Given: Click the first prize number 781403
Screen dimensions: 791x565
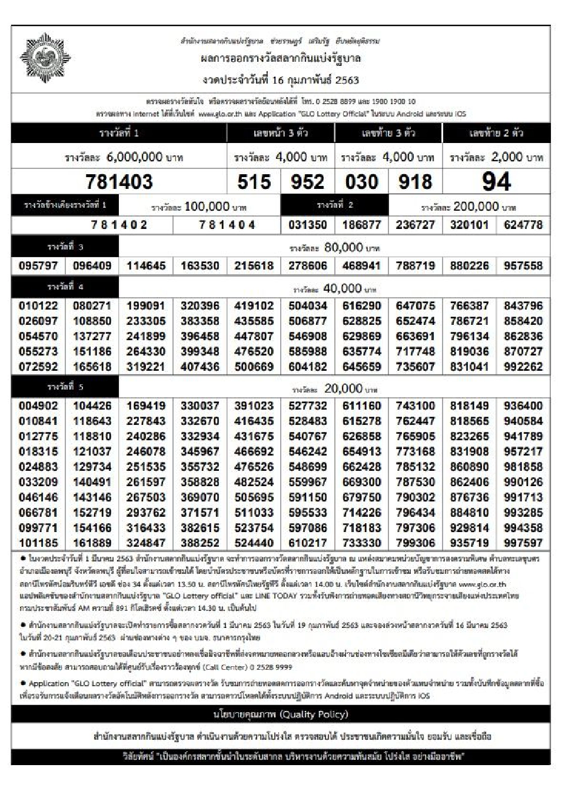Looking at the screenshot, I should pyautogui.click(x=119, y=182).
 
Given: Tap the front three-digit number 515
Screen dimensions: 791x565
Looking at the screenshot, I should pyautogui.click(x=254, y=182).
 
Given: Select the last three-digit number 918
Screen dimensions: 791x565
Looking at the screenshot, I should pyautogui.click(x=416, y=182).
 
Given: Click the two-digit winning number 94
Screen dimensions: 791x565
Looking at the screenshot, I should pyautogui.click(x=496, y=182).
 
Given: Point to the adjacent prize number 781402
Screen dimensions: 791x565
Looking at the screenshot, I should pyautogui.click(x=119, y=225).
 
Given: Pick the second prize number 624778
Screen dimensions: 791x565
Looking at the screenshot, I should pyautogui.click(x=523, y=225).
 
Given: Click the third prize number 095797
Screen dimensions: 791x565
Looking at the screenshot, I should pyautogui.click(x=38, y=266).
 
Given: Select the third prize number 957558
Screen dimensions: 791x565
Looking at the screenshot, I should pyautogui.click(x=523, y=266).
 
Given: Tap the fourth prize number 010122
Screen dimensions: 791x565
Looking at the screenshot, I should pyautogui.click(x=38, y=306).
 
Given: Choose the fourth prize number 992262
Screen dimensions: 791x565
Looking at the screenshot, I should pyautogui.click(x=523, y=367).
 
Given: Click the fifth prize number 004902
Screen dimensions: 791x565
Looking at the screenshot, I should pyautogui.click(x=38, y=406).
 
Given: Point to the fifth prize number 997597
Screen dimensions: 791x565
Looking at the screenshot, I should pyautogui.click(x=523, y=543).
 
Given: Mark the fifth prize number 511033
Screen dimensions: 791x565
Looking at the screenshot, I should pyautogui.click(x=254, y=513).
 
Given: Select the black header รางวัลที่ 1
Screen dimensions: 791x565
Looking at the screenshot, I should pyautogui.click(x=119, y=133).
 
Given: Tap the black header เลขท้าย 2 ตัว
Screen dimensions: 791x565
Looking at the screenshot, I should pyautogui.click(x=496, y=133).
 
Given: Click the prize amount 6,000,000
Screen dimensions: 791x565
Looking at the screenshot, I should pyautogui.click(x=134, y=157).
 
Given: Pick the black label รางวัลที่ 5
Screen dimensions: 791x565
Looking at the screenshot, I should pyautogui.click(x=65, y=387).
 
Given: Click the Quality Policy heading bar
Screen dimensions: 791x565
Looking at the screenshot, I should pyautogui.click(x=281, y=714).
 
